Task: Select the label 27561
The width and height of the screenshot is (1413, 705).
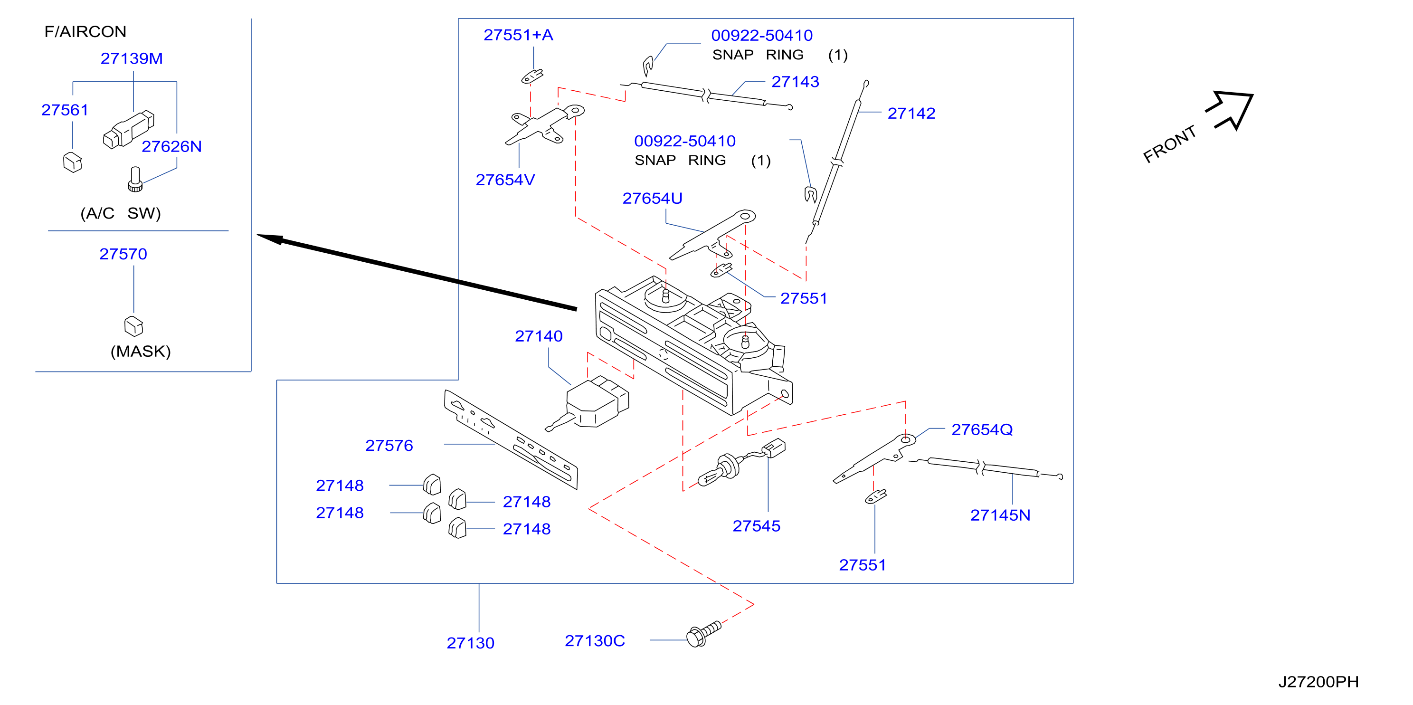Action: [65, 110]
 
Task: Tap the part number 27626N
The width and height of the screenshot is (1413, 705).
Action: [171, 146]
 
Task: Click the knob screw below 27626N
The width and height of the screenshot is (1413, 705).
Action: [135, 180]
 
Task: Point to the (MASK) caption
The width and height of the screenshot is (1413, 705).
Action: [141, 351]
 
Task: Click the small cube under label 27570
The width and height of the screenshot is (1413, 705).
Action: [134, 326]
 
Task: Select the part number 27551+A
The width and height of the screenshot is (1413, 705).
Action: [518, 35]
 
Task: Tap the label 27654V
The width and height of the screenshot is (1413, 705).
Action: [505, 180]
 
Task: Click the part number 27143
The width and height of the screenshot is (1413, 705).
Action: [796, 82]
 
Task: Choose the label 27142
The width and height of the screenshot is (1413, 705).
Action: [911, 113]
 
